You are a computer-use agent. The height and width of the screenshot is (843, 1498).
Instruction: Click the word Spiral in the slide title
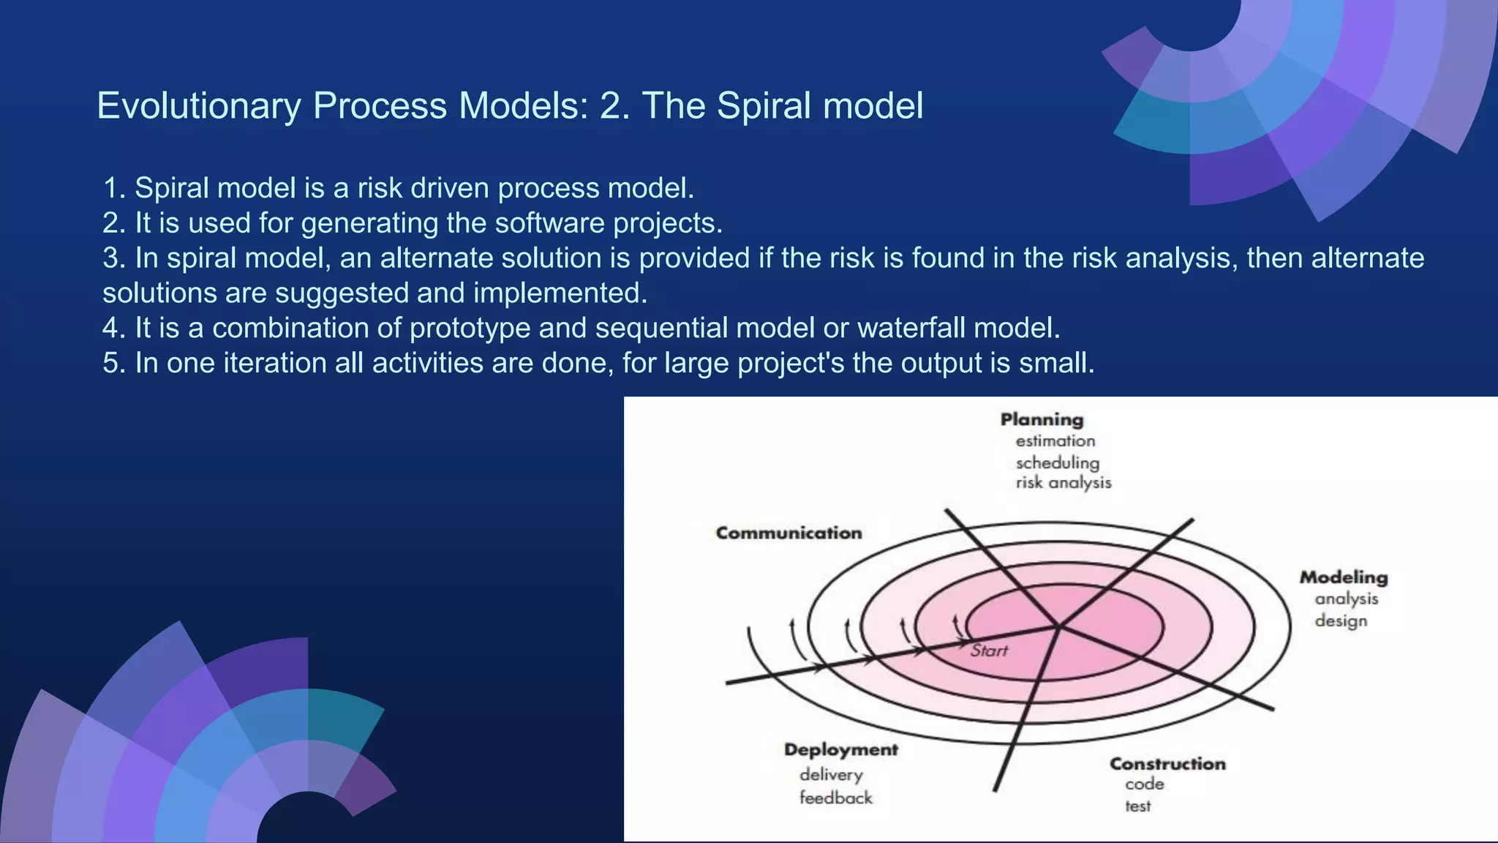764,106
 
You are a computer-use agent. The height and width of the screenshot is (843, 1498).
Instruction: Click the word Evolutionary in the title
198,106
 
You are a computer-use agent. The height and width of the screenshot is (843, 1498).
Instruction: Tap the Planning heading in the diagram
1042,420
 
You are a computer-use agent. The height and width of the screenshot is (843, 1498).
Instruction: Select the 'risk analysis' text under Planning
1063,483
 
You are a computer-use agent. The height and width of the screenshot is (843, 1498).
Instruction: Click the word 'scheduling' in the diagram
1057,462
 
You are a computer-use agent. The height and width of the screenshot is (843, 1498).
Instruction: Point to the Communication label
788,533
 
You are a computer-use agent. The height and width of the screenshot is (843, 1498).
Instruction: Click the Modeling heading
1343,577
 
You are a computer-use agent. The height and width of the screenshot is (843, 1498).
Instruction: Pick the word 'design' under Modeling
1340,621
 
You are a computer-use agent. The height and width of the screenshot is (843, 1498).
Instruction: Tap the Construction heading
1167,764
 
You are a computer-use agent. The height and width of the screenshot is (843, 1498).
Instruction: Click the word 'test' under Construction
1137,806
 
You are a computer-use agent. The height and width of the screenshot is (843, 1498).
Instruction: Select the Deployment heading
840,750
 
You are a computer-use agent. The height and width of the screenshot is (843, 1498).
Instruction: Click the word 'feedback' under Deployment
835,798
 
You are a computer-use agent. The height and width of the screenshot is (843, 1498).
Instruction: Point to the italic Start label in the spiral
989,651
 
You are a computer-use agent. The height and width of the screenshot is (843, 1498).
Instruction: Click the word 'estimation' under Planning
1055,441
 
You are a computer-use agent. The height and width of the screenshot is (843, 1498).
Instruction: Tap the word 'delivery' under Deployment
831,775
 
